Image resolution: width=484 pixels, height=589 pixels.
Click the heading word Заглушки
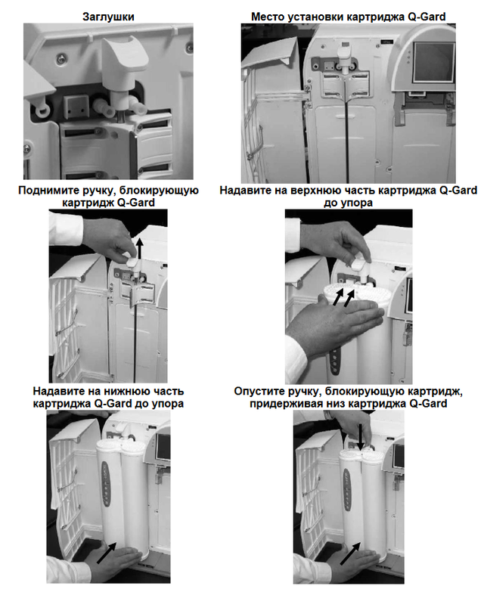(x=108, y=17)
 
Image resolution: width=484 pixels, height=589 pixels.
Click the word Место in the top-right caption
(x=265, y=17)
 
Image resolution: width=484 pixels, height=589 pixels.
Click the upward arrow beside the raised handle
(x=140, y=248)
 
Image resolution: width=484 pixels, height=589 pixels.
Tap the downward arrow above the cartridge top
(x=361, y=438)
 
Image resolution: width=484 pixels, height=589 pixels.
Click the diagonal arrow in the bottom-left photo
(x=107, y=553)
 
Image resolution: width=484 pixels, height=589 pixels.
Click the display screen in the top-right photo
(x=433, y=61)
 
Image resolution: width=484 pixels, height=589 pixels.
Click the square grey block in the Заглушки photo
(x=76, y=107)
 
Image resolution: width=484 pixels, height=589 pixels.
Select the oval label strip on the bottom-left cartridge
(x=107, y=483)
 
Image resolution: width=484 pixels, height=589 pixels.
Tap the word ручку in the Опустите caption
(x=305, y=392)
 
